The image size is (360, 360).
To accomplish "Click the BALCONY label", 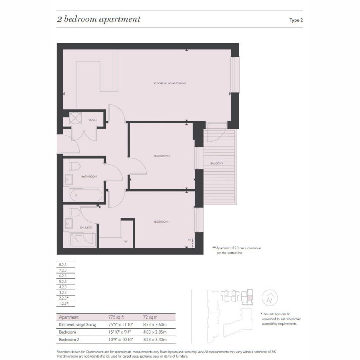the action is pyautogui.click(x=217, y=163).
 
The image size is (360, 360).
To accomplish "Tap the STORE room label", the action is pyautogui.click(x=93, y=120).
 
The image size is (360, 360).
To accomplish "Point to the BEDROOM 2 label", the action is pyautogui.click(x=162, y=156).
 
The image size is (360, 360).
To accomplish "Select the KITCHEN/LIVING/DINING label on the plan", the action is pyautogui.click(x=170, y=83).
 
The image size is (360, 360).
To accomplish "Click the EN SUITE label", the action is pyautogui.click(x=86, y=227).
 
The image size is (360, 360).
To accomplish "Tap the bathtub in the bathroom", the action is pyautogui.click(x=86, y=195).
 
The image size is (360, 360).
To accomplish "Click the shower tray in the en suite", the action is pyautogui.click(x=83, y=240).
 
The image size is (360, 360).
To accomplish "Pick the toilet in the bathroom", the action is pyautogui.click(x=74, y=166).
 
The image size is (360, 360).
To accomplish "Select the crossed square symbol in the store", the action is pyautogui.click(x=75, y=118).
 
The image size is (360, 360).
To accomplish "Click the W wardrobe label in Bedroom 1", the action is pyautogui.click(x=126, y=242).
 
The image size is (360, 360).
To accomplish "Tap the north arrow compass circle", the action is pyautogui.click(x=270, y=298).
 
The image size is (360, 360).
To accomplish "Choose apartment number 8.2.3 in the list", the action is pyautogui.click(x=63, y=265).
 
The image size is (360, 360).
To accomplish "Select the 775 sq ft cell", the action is pyautogui.click(x=116, y=317).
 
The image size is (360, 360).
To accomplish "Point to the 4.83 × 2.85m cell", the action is pyautogui.click(x=155, y=332).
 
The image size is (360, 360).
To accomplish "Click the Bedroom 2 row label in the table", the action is pyautogui.click(x=69, y=340).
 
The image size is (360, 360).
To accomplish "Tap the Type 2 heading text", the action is pyautogui.click(x=296, y=20).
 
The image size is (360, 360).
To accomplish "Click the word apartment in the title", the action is pyautogui.click(x=120, y=19).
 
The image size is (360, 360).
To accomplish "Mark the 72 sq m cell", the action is pyautogui.click(x=150, y=317).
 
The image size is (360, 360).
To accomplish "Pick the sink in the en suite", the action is pyautogui.click(x=69, y=223).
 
